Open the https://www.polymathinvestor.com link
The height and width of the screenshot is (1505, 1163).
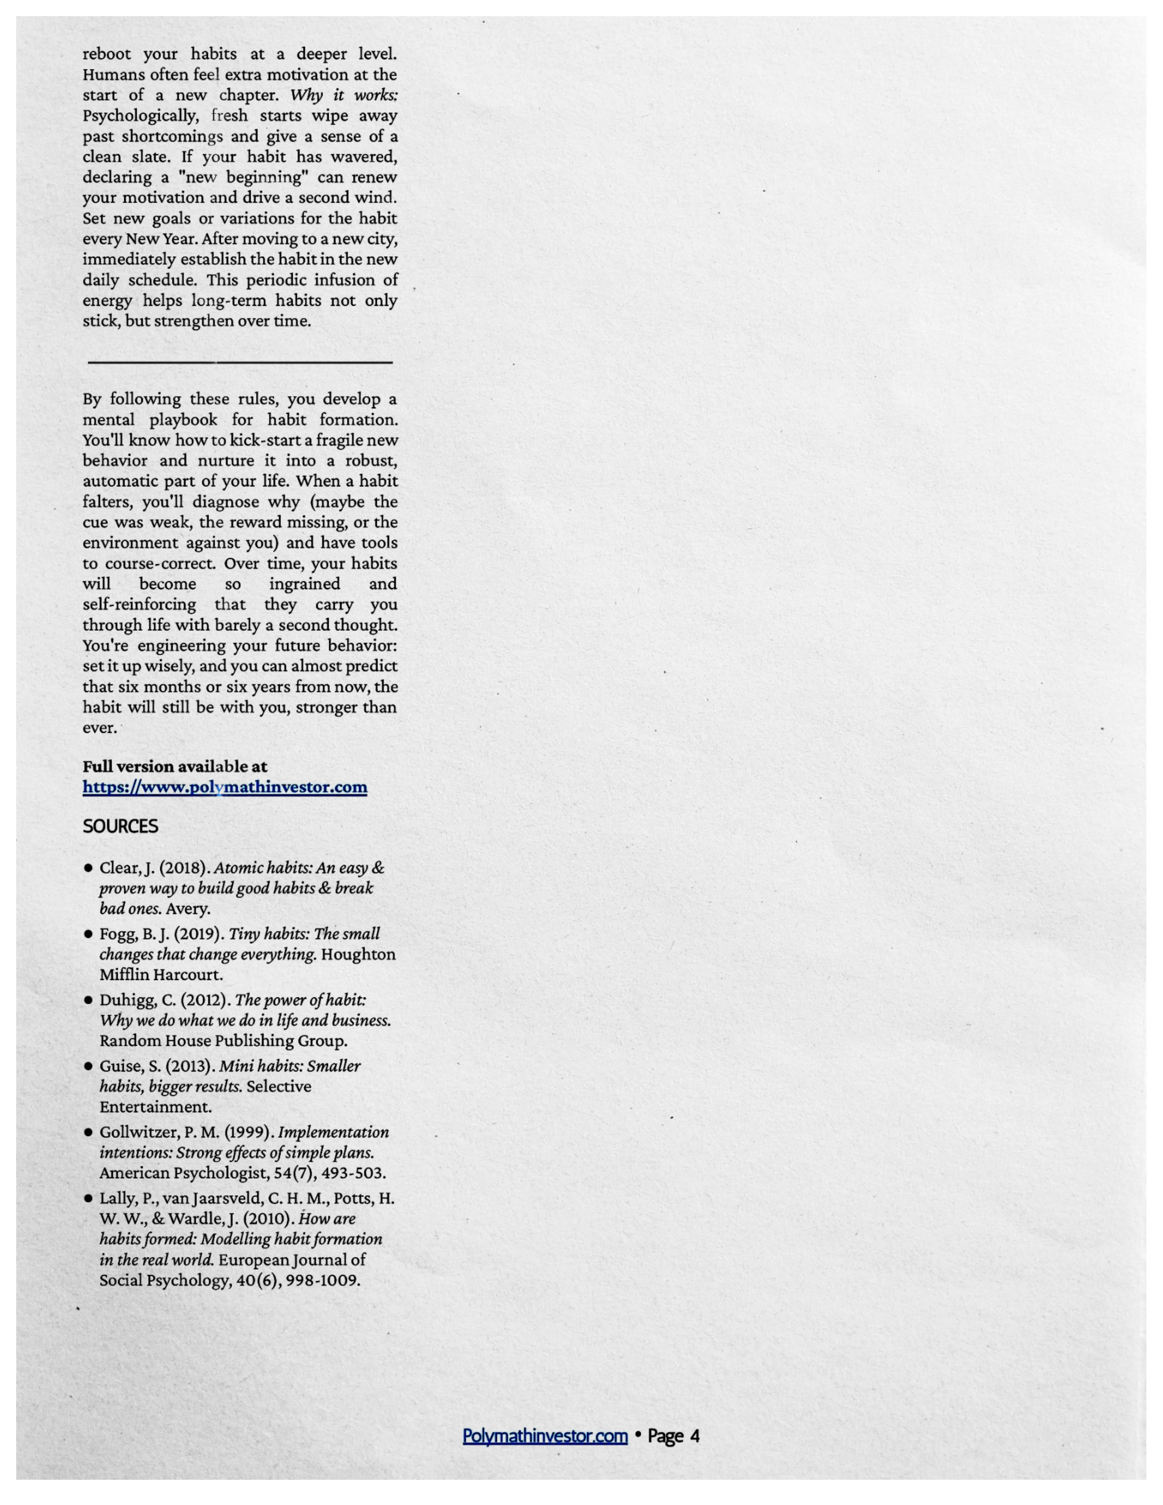[x=225, y=787]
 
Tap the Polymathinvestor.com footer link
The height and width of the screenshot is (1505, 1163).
[x=544, y=1436]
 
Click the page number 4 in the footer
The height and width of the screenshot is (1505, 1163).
[x=694, y=1436]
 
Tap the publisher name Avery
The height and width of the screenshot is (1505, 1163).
[x=187, y=909]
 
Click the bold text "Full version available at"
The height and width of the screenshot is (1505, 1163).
[x=175, y=766]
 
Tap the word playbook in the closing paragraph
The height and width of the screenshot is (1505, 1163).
[x=183, y=420]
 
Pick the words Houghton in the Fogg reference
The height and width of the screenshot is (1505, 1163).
[x=358, y=954]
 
